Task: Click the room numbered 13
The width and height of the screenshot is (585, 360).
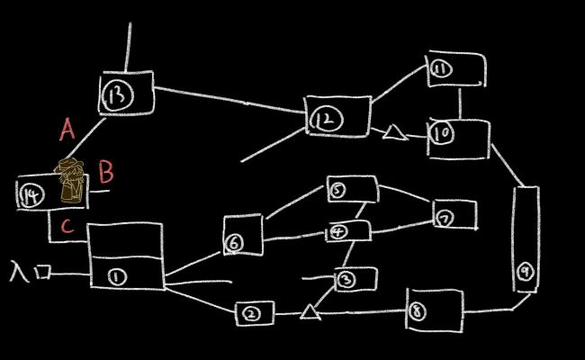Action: (124, 94)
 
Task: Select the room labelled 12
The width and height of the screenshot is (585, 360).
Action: (336, 118)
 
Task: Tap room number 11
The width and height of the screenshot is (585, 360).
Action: (456, 69)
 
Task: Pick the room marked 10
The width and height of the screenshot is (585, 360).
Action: (457, 137)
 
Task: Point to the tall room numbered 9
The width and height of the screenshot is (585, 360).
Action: (526, 239)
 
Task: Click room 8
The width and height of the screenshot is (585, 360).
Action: (434, 310)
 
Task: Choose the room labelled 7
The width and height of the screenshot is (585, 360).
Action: (454, 215)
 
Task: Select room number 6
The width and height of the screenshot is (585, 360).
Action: (242, 236)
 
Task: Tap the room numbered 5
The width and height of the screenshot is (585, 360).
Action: (350, 189)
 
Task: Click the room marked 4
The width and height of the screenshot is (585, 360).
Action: (347, 230)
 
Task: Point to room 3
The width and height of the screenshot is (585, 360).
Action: (355, 280)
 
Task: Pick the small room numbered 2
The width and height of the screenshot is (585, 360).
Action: (254, 313)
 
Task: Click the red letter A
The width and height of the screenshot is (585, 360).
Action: (67, 130)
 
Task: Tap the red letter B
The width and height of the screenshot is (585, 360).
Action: (105, 170)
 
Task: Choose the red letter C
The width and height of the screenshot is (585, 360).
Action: (67, 227)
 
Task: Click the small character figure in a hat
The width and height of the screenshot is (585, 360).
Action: (71, 179)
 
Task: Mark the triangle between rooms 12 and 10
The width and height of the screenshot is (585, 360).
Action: (392, 133)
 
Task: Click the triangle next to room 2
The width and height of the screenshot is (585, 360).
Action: (310, 311)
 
